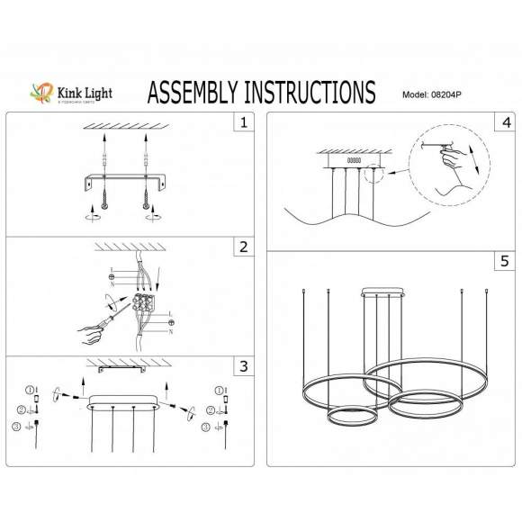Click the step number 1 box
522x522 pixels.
242,122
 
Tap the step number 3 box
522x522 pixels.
242,366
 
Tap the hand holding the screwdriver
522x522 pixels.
91,336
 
